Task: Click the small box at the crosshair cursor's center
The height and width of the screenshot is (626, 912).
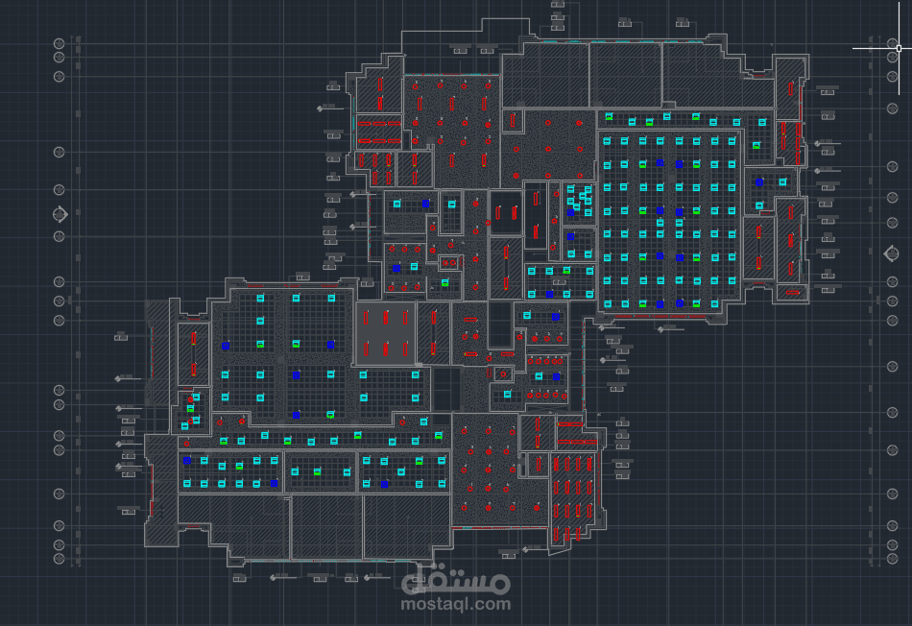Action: (x=899, y=46)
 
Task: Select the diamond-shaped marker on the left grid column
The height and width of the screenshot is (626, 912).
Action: (x=60, y=216)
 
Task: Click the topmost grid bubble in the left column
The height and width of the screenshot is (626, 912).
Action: (x=60, y=43)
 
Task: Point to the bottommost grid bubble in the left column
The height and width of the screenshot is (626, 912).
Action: (x=60, y=559)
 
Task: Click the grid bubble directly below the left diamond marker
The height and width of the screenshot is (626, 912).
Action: (x=60, y=235)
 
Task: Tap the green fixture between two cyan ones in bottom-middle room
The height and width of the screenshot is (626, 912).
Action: (x=318, y=471)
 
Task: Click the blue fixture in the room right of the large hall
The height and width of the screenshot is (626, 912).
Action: (x=759, y=181)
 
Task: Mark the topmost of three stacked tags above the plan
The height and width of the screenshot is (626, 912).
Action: (x=558, y=6)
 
